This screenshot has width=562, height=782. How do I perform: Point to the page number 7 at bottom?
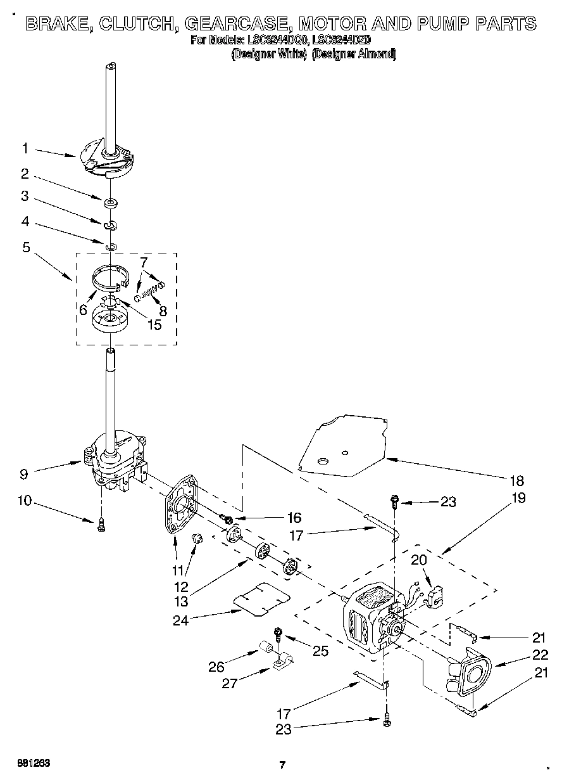tap(283, 764)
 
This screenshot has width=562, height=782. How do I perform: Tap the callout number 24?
tap(181, 620)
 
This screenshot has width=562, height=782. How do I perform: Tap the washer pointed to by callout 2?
tap(111, 203)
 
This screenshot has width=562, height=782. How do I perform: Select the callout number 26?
tap(216, 666)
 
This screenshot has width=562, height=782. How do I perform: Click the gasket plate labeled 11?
tap(180, 507)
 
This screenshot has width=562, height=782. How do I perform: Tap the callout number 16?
tap(294, 517)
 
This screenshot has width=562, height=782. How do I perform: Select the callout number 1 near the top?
tap(25, 148)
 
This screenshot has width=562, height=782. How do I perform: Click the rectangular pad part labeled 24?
tap(261, 599)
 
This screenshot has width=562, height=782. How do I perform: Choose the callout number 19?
tap(518, 497)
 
